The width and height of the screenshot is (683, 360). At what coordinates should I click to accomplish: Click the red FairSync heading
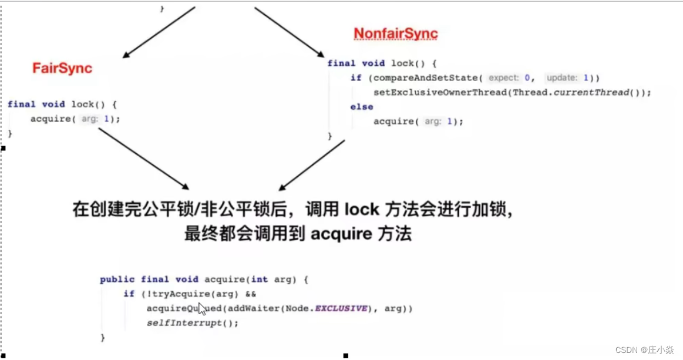pyautogui.click(x=62, y=68)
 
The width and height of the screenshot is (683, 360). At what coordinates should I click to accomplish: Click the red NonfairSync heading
pyautogui.click(x=395, y=33)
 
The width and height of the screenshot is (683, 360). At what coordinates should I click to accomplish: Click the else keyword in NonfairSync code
pyautogui.click(x=361, y=107)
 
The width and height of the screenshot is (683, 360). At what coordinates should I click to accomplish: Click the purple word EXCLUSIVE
pyautogui.click(x=341, y=308)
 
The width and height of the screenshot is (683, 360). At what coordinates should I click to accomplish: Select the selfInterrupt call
pyautogui.click(x=184, y=323)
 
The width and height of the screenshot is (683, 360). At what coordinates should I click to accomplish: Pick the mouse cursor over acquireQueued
pyautogui.click(x=202, y=309)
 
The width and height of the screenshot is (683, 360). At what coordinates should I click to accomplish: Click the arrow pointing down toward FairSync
pyautogui.click(x=158, y=32)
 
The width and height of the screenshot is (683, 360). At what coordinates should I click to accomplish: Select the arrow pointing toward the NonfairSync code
pyautogui.click(x=291, y=32)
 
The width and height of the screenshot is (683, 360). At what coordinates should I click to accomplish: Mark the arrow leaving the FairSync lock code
pyautogui.click(x=144, y=159)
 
